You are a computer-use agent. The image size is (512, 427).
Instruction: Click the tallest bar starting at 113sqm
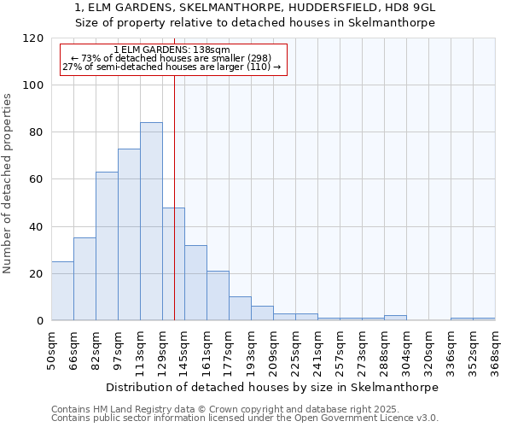point(151,221)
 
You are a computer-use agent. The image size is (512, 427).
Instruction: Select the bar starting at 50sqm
point(62,291)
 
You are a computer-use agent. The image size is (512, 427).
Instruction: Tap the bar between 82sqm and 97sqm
point(107,246)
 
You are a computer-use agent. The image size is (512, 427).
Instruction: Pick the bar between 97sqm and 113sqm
point(129,235)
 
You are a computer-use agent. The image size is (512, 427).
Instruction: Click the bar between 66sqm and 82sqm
point(84,279)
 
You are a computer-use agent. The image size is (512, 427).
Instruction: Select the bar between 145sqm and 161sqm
point(195,283)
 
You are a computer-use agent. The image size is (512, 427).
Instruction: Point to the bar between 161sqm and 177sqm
point(218,295)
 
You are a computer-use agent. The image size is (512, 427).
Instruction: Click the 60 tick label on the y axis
point(36,179)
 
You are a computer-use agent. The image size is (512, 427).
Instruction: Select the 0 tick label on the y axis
point(39,321)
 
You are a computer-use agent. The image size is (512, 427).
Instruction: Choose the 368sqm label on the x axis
point(496,351)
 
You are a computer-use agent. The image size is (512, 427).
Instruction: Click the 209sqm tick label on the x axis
point(274,351)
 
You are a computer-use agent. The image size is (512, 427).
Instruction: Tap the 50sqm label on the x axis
point(52,351)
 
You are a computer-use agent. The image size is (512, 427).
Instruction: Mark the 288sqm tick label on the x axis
point(385,351)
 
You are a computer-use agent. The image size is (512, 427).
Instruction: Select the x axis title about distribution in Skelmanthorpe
point(272,387)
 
